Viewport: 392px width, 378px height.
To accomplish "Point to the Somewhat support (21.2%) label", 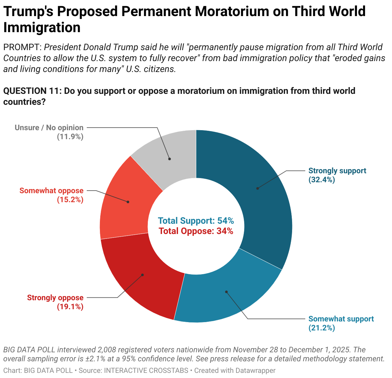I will [x=341, y=323].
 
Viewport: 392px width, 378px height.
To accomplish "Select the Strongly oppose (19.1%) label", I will [x=55, y=302].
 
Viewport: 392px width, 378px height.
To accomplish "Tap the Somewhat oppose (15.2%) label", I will [x=51, y=195].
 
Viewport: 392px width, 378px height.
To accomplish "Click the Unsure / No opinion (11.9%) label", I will [x=49, y=132].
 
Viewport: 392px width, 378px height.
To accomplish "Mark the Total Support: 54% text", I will [x=196, y=221].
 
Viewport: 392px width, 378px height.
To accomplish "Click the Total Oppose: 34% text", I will [x=196, y=231].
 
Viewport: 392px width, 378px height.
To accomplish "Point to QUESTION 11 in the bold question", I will [x=31, y=91].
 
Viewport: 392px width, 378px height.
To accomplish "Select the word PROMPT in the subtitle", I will [x=22, y=47].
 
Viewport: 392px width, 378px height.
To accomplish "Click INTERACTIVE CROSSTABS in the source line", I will [x=146, y=371].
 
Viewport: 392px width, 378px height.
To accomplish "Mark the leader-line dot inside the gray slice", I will [x=170, y=159].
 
